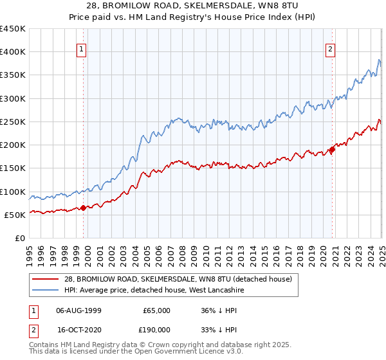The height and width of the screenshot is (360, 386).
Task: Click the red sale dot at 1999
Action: (x=83, y=208)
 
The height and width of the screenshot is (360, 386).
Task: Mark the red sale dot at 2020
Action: (x=333, y=149)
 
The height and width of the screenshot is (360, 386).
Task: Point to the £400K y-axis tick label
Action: (x=13, y=52)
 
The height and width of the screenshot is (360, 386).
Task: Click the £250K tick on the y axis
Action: (x=13, y=122)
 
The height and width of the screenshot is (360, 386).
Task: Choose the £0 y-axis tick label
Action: (x=19, y=238)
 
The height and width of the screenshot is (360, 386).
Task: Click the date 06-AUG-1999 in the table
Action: (x=77, y=310)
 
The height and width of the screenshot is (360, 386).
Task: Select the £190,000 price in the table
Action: (x=156, y=328)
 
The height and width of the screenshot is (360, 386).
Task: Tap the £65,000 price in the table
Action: (x=156, y=310)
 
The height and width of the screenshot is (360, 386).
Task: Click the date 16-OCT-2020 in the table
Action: (x=77, y=328)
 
